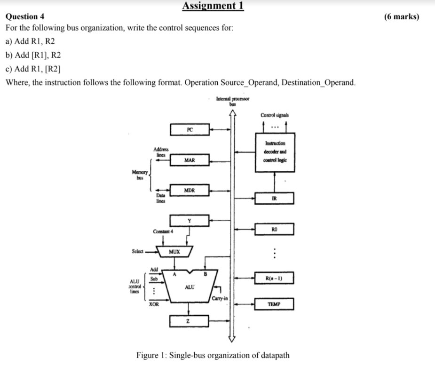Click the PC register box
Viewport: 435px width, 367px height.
click(190, 129)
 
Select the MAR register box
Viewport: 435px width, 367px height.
click(190, 160)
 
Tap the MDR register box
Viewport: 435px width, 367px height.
click(190, 191)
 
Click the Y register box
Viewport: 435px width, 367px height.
click(190, 221)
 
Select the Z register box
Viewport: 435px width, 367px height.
click(189, 321)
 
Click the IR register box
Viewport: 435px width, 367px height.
click(274, 198)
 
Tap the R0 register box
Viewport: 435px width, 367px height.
click(274, 230)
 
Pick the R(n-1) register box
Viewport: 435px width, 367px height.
click(274, 279)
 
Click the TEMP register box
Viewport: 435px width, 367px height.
click(274, 304)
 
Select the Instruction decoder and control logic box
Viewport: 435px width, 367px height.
click(274, 152)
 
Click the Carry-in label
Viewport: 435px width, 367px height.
click(220, 299)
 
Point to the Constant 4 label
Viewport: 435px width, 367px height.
click(163, 231)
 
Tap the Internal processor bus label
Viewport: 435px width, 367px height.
click(232, 101)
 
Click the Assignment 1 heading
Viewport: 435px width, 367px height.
click(213, 6)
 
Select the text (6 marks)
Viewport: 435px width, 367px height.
click(401, 16)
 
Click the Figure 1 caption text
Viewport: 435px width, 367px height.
click(213, 355)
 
